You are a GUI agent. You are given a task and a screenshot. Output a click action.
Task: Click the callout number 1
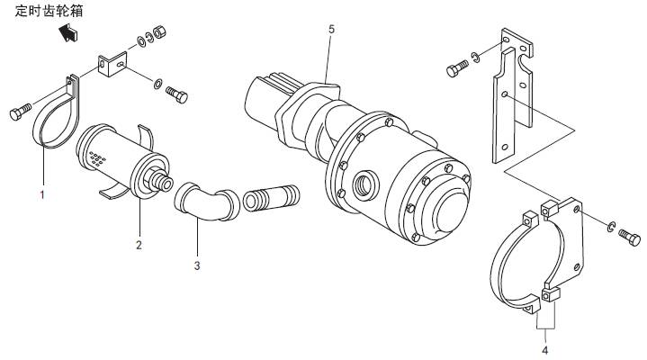point(41,193)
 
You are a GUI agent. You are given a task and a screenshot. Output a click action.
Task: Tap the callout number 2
point(139,244)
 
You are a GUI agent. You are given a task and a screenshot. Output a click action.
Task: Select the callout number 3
point(197,265)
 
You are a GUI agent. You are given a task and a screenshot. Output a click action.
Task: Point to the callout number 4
point(544,348)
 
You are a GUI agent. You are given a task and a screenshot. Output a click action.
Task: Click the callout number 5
point(331,30)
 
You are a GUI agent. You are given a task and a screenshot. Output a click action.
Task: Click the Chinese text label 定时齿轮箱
point(50,11)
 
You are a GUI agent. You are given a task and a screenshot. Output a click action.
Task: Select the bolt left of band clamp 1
point(19,112)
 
